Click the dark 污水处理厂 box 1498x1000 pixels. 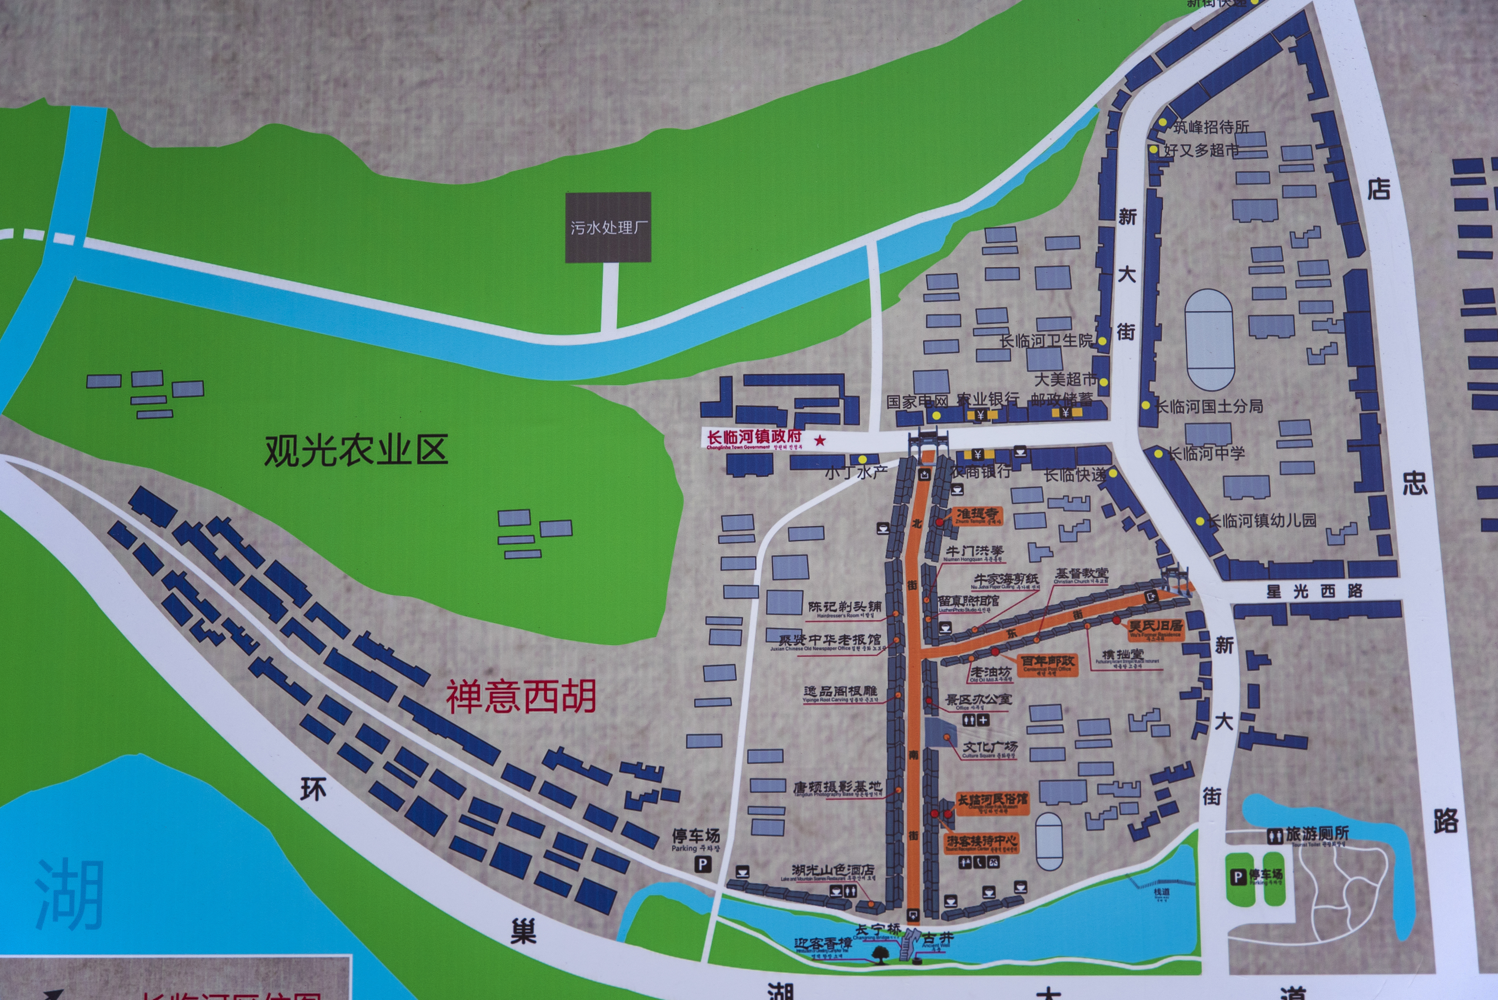point(608,227)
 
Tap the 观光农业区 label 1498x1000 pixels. point(356,450)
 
